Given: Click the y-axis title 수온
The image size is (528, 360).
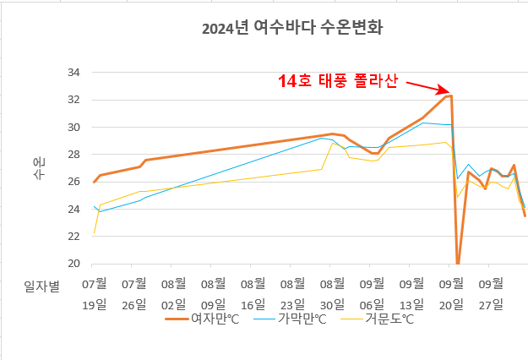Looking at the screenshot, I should (x=39, y=167).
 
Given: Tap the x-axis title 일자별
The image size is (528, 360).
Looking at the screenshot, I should (x=41, y=286).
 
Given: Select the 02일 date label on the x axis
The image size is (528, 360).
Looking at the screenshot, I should (x=174, y=303).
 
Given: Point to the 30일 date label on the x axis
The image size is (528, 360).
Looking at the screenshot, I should (x=332, y=303).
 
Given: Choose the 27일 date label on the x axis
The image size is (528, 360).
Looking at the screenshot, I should (x=491, y=303).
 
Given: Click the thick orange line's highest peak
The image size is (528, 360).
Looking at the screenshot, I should (x=451, y=95).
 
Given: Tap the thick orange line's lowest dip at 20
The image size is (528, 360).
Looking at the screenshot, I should (x=458, y=264).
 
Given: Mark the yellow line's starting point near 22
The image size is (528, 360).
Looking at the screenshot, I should (x=94, y=233).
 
